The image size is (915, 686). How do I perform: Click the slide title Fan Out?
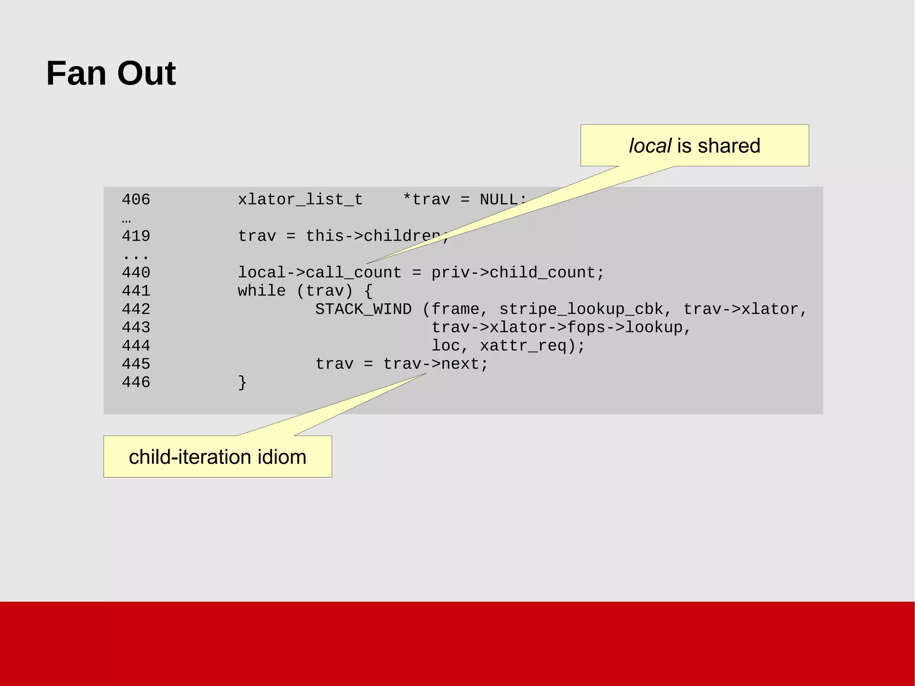(x=111, y=73)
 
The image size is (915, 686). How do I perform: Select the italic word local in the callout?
(x=650, y=146)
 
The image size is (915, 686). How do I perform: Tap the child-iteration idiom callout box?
(x=218, y=457)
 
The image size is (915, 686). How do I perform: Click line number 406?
(x=136, y=199)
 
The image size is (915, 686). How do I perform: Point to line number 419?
(x=136, y=236)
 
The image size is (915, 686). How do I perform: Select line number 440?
(x=136, y=273)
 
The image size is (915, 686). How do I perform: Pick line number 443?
(x=136, y=328)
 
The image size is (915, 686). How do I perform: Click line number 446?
(x=136, y=383)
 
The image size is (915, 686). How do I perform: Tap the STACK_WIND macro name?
(x=363, y=309)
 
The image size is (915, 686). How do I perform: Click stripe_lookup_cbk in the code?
(x=581, y=309)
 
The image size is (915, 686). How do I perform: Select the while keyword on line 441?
(x=262, y=291)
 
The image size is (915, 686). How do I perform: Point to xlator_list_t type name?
(x=300, y=199)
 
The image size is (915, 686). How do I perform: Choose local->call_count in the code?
(x=319, y=273)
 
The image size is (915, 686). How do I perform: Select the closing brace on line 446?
(x=242, y=383)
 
